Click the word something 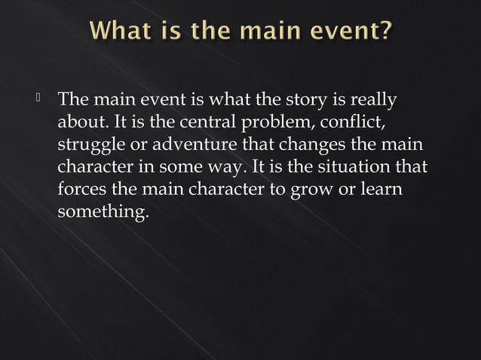pos(102,212)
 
